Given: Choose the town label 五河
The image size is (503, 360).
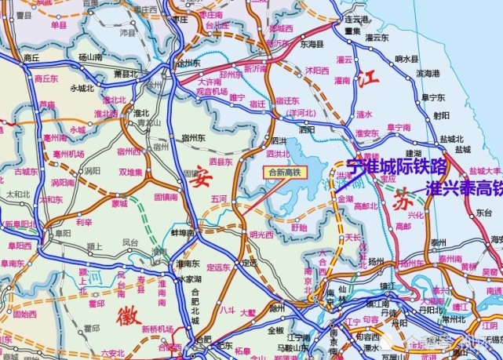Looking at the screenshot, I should click(218, 199).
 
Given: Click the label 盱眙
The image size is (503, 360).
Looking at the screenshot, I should click(299, 227).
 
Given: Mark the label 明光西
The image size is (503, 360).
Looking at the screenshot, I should click(261, 235).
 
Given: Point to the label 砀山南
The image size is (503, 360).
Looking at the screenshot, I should click(90, 57).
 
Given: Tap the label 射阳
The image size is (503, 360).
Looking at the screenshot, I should click(441, 115).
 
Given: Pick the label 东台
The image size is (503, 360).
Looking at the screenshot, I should click(484, 213).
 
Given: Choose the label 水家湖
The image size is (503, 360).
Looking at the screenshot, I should click(189, 278).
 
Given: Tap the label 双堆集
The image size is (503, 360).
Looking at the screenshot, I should click(130, 172).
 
